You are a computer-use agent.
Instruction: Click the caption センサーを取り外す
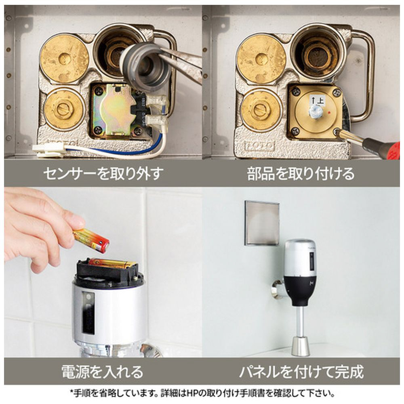tap(103, 173)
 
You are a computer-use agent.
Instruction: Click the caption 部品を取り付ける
tap(301, 173)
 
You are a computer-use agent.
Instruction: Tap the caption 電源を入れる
tap(102, 371)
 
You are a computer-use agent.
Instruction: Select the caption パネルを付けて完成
tap(301, 371)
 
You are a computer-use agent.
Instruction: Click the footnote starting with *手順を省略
tap(202, 393)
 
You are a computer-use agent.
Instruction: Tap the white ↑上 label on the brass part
tap(317, 100)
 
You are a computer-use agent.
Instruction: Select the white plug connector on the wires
tap(49, 150)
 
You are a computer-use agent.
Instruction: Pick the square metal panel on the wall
tap(262, 223)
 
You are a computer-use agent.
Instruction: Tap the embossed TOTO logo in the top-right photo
tap(259, 147)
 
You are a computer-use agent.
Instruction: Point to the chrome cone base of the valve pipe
tap(301, 346)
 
